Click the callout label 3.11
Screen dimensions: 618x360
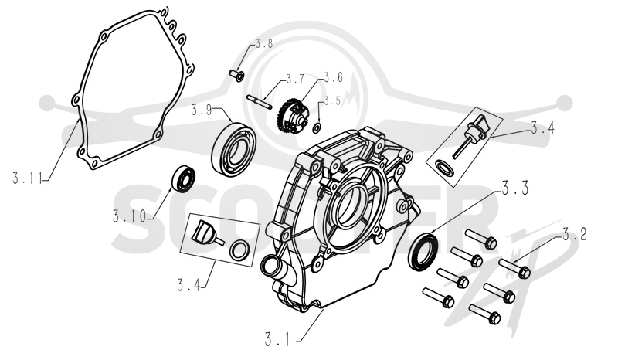pos(27,178)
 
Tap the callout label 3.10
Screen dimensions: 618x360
pos(129,216)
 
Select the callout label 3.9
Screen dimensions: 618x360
pos(202,110)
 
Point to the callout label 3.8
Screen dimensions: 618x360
pos(263,43)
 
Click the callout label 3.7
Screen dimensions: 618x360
pos(295,80)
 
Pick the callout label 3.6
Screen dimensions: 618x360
pos(333,77)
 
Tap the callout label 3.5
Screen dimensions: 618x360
pos(331,101)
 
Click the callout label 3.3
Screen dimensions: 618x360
pos(514,188)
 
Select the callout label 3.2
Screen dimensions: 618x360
pos(574,235)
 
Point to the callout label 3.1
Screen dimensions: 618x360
pos(277,339)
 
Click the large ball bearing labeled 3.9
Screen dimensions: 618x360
pos(234,148)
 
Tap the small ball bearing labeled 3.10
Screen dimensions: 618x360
pos(184,180)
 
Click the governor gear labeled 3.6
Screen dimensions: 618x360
pos(290,114)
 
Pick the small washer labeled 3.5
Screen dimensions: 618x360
pos(317,127)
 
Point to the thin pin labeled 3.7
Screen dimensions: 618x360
pos(259,101)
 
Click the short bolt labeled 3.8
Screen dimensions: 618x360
pos(236,75)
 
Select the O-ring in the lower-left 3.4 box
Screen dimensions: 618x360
pos(239,250)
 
